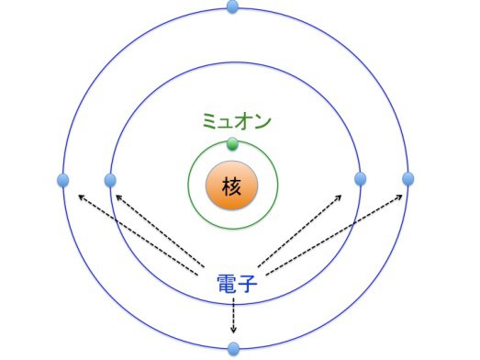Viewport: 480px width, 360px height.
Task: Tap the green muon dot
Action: point(232,143)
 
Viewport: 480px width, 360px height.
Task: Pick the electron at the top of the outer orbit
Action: point(232,7)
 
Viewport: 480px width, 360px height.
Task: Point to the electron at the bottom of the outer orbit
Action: point(233,348)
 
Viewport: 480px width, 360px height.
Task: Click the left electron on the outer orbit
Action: point(63,179)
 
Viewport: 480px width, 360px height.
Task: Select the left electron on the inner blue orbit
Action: point(110,179)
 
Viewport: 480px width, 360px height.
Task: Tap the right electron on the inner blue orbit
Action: point(360,178)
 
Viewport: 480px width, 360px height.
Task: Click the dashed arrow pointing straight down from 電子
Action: point(233,317)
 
